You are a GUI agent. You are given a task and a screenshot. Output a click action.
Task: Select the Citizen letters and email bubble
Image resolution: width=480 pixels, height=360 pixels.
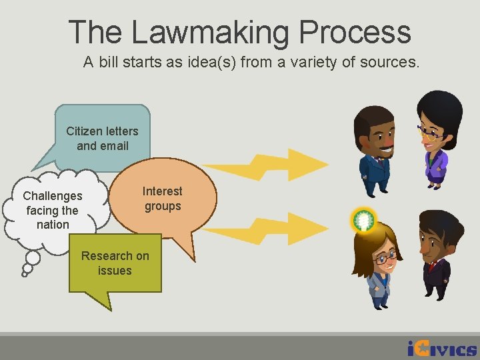[103, 138]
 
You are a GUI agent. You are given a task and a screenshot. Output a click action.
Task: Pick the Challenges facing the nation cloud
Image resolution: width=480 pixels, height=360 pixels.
[53, 209]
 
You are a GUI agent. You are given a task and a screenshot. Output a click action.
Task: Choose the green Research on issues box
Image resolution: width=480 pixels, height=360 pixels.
[115, 263]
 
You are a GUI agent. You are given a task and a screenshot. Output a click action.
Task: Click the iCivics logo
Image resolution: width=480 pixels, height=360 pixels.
[441, 348]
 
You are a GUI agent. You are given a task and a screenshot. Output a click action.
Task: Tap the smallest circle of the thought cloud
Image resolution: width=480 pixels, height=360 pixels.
[25, 273]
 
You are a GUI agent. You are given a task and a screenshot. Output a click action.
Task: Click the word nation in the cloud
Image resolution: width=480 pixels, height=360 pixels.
[53, 225]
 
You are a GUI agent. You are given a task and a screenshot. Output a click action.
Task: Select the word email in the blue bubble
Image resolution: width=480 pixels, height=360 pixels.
[111, 145]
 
